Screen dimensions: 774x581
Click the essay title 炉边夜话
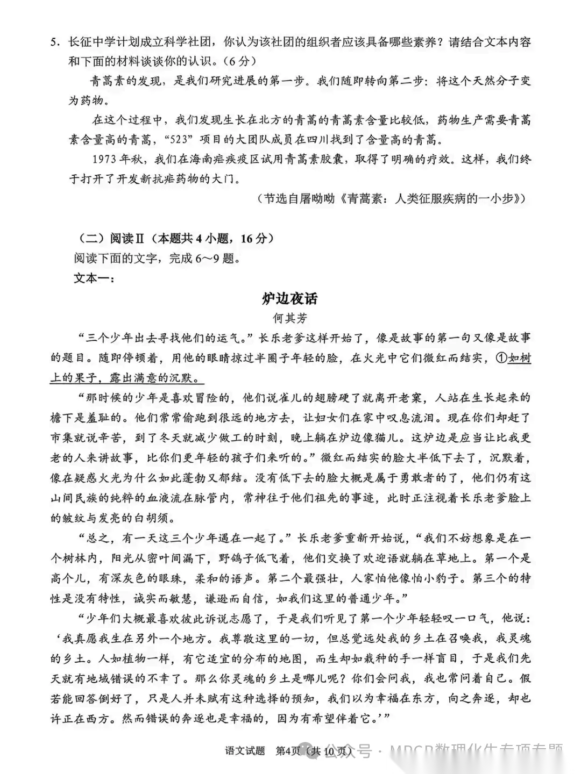290,298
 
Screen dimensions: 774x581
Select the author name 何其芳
290,318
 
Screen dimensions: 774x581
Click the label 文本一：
91,278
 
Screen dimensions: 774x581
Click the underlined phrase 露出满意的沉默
152,378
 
